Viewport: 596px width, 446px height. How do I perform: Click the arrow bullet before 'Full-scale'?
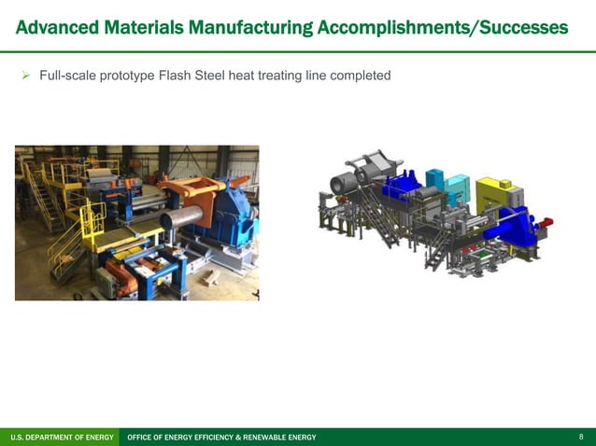[26, 76]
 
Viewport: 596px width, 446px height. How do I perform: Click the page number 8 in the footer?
[581, 437]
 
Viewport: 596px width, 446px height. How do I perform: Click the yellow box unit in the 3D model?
[493, 195]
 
